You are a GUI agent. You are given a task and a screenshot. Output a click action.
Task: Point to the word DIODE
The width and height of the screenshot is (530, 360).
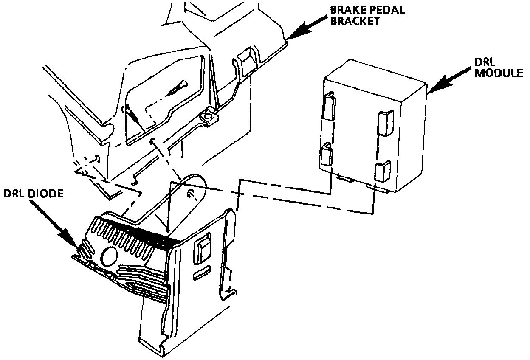(x=46, y=194)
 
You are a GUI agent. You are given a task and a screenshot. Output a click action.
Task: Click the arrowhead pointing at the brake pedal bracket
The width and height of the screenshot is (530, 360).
(x=293, y=37)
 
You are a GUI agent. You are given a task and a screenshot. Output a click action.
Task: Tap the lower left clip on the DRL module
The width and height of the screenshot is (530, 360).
(x=327, y=155)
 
